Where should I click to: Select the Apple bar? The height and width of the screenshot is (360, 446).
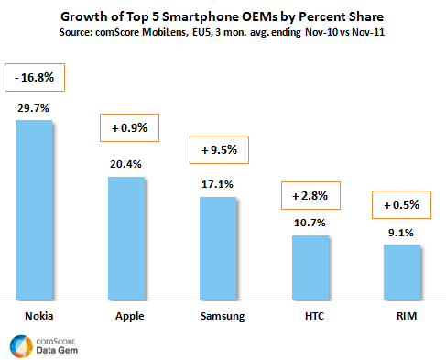pyautogui.click(x=126, y=237)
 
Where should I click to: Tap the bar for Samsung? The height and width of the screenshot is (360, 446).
pyautogui.click(x=218, y=247)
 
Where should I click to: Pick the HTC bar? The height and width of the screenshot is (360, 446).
pyautogui.click(x=310, y=267)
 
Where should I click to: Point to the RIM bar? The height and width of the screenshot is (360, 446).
pyautogui.click(x=401, y=272)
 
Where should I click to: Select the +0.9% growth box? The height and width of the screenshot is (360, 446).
pyautogui.click(x=127, y=128)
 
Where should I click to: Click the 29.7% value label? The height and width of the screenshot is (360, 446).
pyautogui.click(x=35, y=108)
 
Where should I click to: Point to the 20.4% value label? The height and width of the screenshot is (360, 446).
pyautogui.click(x=126, y=165)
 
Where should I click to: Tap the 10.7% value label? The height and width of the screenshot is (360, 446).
pyautogui.click(x=310, y=224)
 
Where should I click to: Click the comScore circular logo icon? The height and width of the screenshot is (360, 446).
pyautogui.click(x=20, y=345)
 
